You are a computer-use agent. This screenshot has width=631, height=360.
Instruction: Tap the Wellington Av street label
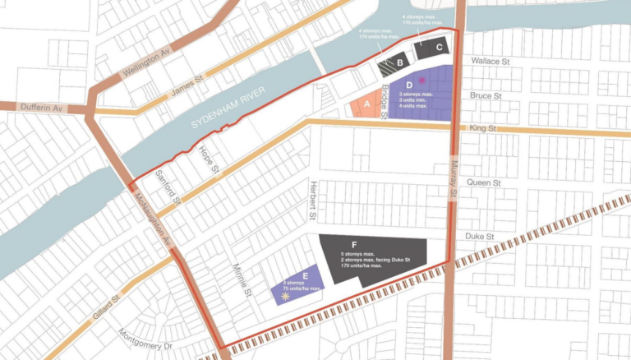145,62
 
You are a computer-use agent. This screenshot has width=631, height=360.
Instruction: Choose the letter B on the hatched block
398,62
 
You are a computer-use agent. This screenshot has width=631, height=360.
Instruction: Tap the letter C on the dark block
439,48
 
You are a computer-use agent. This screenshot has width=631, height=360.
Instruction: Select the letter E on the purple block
305,276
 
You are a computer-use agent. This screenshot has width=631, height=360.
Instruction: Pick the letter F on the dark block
353,245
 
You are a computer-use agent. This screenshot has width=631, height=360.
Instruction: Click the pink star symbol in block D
422,81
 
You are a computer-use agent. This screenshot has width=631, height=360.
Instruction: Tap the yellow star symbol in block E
285,297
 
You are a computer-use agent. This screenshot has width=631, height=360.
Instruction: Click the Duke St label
479,237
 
